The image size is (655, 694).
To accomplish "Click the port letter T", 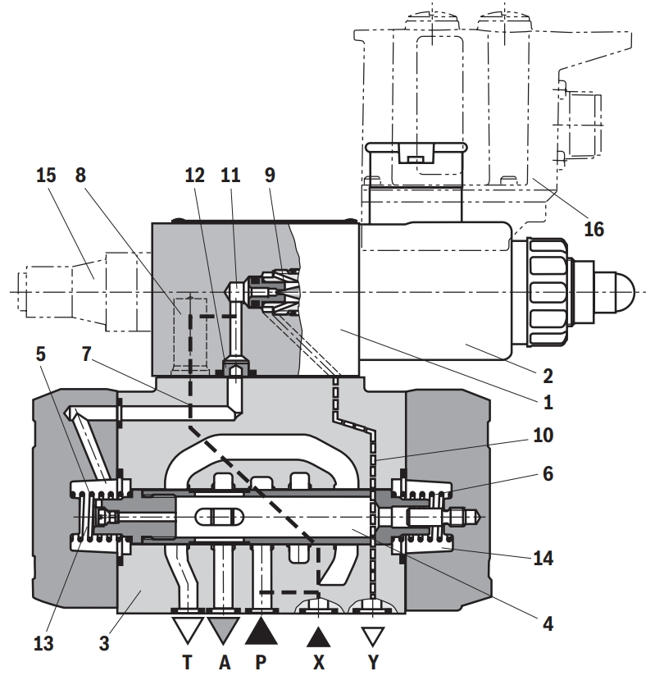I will pyautogui.click(x=188, y=664).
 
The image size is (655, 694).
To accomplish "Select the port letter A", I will pyautogui.click(x=224, y=664).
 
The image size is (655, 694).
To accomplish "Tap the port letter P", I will pyautogui.click(x=261, y=664).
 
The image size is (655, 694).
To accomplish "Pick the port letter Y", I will pyautogui.click(x=373, y=664).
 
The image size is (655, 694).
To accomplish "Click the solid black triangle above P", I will pyautogui.click(x=262, y=629).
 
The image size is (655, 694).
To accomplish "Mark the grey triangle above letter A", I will pyautogui.click(x=224, y=629).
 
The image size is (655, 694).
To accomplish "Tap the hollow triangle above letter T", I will pyautogui.click(x=187, y=629).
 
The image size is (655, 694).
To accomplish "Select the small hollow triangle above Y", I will pyautogui.click(x=373, y=636).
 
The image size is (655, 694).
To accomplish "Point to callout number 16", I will pyautogui.click(x=594, y=228).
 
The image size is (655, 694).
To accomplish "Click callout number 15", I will pyautogui.click(x=45, y=176).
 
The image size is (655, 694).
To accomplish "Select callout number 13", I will pyautogui.click(x=44, y=642).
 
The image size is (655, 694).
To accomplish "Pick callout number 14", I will pyautogui.click(x=542, y=559).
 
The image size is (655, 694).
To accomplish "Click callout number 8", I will pyautogui.click(x=80, y=176).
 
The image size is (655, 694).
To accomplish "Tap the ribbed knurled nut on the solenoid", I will pyautogui.click(x=547, y=291).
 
